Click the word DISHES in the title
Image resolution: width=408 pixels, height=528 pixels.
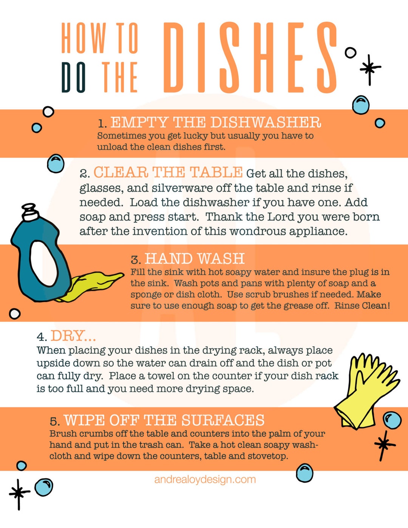pyautogui.click(x=249, y=57)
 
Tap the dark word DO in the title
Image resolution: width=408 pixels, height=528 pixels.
pyautogui.click(x=74, y=77)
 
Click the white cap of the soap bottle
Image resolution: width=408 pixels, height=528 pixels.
pyautogui.click(x=30, y=212)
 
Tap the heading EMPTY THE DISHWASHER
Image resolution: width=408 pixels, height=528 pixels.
pyautogui.click(x=215, y=122)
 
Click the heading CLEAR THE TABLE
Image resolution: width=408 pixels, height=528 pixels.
pyautogui.click(x=168, y=173)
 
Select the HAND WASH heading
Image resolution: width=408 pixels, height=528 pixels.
pyautogui.click(x=195, y=259)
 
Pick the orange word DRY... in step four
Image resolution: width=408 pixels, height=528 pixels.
pyautogui.click(x=73, y=336)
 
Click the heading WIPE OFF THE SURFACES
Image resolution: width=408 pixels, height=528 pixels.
pyautogui.click(x=164, y=420)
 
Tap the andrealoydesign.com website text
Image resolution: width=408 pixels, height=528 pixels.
pyautogui.click(x=205, y=480)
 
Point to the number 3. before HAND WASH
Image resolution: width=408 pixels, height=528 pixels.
pyautogui.click(x=136, y=260)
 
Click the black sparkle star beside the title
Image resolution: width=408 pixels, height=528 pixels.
pyautogui.click(x=369, y=69)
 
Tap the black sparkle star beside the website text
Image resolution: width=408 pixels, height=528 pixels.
pyautogui.click(x=19, y=492)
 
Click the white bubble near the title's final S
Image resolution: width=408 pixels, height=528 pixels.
pyautogui.click(x=351, y=53)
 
